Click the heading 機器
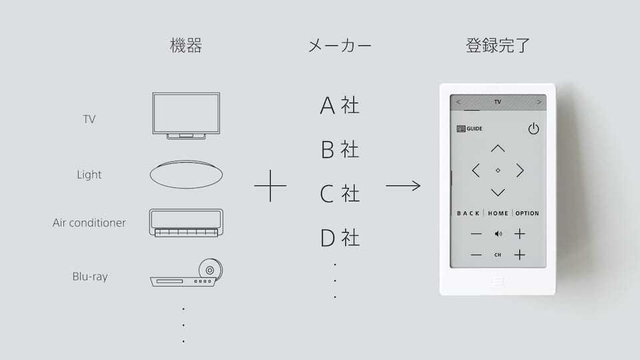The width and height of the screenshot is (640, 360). pos(186,45)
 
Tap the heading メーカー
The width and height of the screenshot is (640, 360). pos(339,46)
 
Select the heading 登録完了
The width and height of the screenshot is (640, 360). pos(497,45)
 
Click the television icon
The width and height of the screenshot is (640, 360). pos(186,116)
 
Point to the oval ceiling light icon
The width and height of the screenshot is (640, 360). pos(186,174)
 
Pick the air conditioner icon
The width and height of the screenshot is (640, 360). pos(186,223)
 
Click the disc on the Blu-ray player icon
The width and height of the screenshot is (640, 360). pos(211,269)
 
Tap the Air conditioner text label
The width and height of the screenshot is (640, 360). pos(89,223)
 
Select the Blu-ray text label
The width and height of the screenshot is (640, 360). pos(90,277)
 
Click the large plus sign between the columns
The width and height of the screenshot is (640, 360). pos(270,186)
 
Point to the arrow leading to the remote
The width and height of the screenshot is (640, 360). pos(403,186)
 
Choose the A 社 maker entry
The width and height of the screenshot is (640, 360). pos(339,106)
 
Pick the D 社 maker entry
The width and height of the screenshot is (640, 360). pos(340,237)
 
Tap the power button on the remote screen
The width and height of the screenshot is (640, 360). pos(533,129)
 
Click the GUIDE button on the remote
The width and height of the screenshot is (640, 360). pos(469,129)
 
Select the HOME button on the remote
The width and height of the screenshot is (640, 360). pos(498,213)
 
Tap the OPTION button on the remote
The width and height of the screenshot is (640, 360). pos(527,213)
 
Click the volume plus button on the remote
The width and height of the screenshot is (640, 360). pos(519,234)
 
